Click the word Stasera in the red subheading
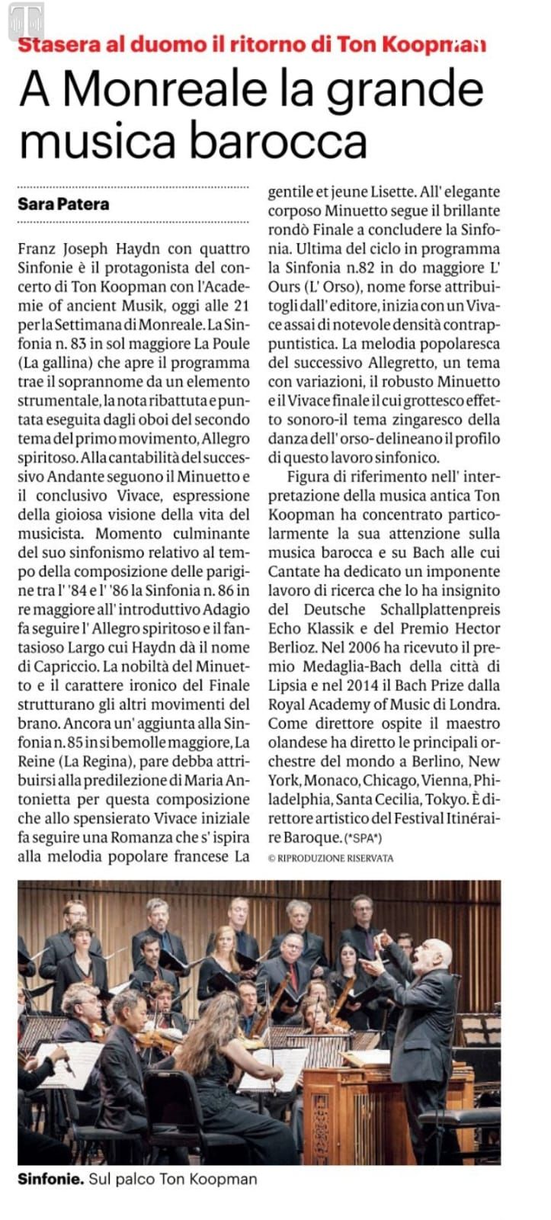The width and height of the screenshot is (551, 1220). point(59,44)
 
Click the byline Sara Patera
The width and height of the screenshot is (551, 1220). point(63,204)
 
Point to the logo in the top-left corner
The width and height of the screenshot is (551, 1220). point(24,18)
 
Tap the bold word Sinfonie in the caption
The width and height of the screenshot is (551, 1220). point(50,1179)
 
